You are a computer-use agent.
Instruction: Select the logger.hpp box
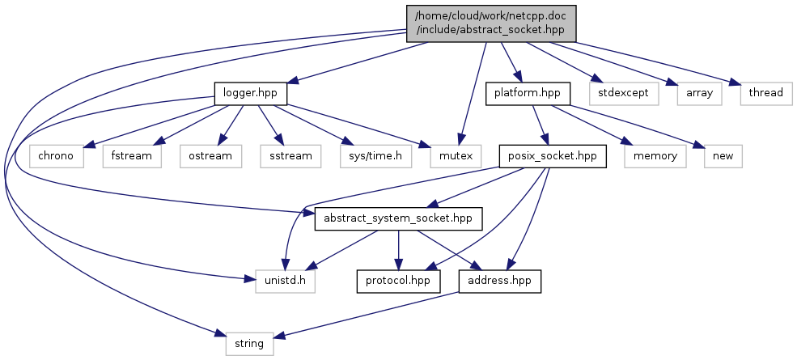point(251,93)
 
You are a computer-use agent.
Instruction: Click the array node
point(700,93)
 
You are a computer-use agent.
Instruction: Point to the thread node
point(765,93)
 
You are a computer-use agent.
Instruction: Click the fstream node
point(132,155)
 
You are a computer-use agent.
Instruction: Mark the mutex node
point(452,155)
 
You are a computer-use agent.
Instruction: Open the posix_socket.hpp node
point(553,155)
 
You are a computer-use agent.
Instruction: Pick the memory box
point(655,155)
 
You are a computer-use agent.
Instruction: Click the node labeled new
point(723,155)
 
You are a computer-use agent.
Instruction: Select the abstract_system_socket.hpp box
point(399,218)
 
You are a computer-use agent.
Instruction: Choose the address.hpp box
point(499,281)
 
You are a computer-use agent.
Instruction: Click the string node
point(249,343)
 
